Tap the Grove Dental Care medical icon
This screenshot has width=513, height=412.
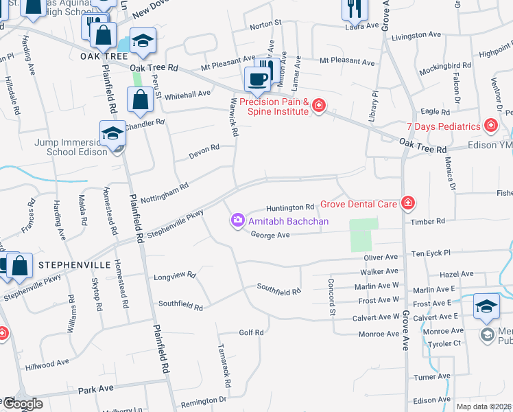(407, 203)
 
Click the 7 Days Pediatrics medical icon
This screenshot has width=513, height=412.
(490, 126)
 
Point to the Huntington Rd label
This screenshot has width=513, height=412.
(290, 207)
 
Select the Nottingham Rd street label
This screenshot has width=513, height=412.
(165, 192)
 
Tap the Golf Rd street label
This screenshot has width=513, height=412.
(251, 332)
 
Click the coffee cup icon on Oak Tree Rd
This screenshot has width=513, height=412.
(257, 79)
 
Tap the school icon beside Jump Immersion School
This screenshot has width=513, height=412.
(112, 133)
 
